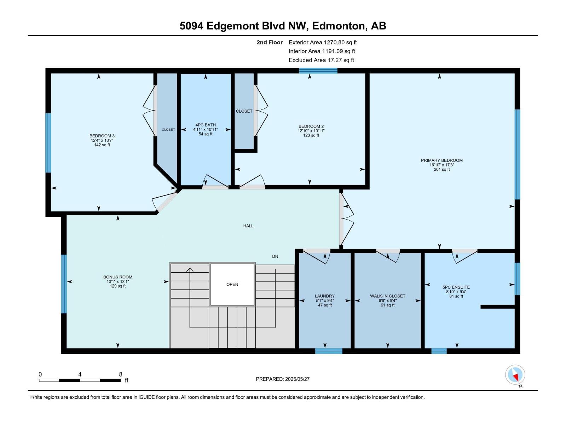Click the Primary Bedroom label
point(441,160)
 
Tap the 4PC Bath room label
point(206,125)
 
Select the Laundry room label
point(325,296)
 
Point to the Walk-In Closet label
point(388,296)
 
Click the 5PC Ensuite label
point(456,287)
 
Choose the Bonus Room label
point(117,277)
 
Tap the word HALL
point(248,226)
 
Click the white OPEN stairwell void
point(232,284)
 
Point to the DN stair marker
point(275,256)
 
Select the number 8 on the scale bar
point(120,374)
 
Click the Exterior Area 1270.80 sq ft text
point(323,42)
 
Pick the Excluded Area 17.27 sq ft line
point(321,60)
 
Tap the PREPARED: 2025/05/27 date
point(283,379)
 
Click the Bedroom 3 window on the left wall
point(48,143)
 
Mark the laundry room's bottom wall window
point(329,351)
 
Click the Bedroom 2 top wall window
point(318,71)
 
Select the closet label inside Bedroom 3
point(168,130)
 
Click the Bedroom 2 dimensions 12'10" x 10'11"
point(311,131)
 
